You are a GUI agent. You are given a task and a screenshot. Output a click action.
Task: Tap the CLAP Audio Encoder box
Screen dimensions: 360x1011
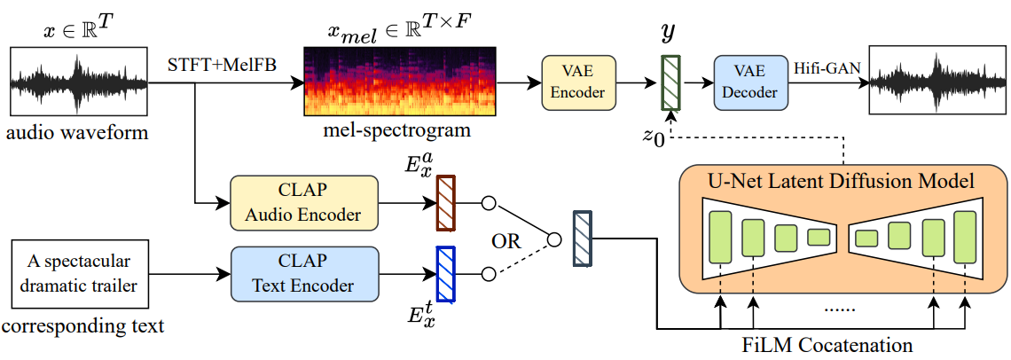[303, 203]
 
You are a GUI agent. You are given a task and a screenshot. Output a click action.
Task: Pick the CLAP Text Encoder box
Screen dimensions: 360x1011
[303, 274]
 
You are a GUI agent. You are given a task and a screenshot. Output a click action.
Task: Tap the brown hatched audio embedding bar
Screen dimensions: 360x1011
[445, 203]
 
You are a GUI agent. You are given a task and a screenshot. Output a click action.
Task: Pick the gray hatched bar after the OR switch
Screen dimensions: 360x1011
[583, 239]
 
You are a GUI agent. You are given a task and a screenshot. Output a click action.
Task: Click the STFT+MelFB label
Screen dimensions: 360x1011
[212, 63]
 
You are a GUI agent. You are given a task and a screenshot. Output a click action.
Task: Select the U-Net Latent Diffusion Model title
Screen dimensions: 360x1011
[840, 180]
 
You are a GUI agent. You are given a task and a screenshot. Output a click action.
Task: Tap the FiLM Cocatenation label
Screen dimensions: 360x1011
[827, 342]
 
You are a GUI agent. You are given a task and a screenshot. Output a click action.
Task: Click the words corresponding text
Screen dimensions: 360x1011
[82, 326]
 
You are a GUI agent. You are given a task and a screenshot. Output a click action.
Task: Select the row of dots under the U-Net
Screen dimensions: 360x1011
[837, 309]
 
